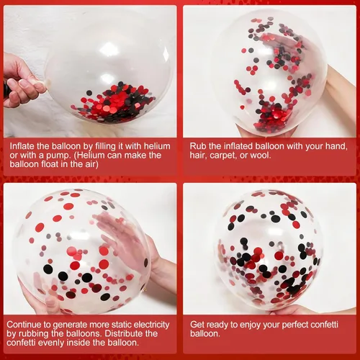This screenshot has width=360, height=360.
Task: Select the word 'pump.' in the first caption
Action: pos(59,156)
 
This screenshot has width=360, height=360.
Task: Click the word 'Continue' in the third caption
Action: pos(21,325)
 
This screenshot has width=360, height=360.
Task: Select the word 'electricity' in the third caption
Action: pos(151,325)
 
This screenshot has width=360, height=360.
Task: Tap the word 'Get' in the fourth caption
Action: pos(197,325)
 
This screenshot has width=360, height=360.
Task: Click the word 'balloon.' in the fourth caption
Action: pos(205,333)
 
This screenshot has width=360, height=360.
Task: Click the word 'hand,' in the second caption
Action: pos(336,146)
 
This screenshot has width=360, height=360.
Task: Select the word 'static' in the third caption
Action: pos(120,325)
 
